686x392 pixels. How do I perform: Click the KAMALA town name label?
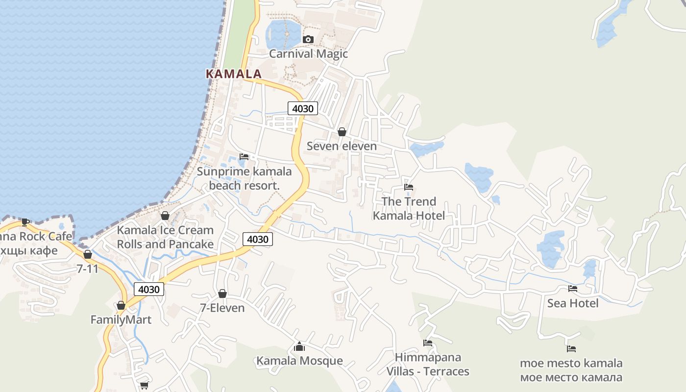[234, 74]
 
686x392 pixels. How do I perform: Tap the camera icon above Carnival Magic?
[308, 39]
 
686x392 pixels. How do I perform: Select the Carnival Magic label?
[308, 53]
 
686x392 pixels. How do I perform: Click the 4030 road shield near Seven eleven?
[302, 108]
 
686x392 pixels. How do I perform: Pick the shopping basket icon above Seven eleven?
[342, 132]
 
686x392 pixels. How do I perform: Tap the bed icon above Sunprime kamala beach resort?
[244, 157]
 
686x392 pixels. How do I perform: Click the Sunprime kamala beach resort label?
[244, 178]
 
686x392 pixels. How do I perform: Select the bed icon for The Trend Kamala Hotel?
[409, 187]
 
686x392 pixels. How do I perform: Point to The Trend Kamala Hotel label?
[409, 208]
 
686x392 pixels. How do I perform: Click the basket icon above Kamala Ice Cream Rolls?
[165, 216]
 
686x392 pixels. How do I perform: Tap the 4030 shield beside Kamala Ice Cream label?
[258, 239]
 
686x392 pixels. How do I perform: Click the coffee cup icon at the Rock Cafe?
[25, 222]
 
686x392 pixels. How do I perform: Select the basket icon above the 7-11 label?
[88, 254]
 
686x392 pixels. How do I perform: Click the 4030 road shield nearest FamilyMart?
[149, 289]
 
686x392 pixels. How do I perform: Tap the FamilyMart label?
[121, 319]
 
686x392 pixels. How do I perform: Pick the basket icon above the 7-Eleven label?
[222, 294]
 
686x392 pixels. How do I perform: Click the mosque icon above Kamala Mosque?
[299, 347]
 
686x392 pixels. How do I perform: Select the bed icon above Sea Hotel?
[573, 289]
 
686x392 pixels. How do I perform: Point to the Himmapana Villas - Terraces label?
[428, 364]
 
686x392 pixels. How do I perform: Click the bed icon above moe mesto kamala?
[571, 349]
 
